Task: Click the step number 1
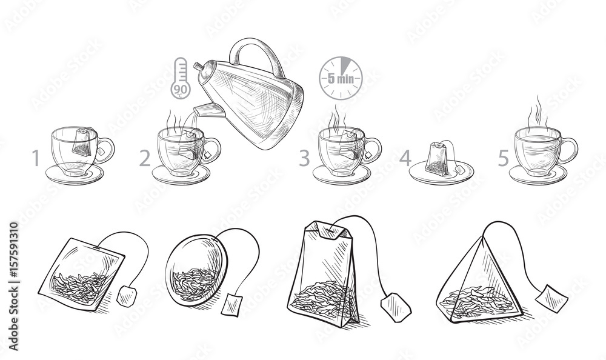click(x=36, y=159)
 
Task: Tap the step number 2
click(x=144, y=159)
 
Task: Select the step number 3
click(x=304, y=159)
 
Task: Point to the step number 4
click(x=405, y=159)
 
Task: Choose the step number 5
click(x=504, y=159)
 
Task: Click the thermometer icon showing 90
click(x=180, y=79)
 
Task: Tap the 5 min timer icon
click(x=341, y=78)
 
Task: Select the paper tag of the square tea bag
click(x=127, y=296)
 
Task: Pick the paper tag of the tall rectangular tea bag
click(x=396, y=307)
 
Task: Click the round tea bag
click(x=196, y=273)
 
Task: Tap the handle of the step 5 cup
click(x=570, y=150)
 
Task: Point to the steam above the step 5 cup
click(x=536, y=112)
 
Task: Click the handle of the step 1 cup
click(x=107, y=150)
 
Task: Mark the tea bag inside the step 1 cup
click(x=82, y=143)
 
